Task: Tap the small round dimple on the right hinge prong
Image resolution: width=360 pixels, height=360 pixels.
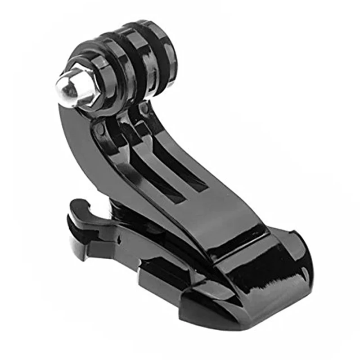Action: (x=144, y=109)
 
